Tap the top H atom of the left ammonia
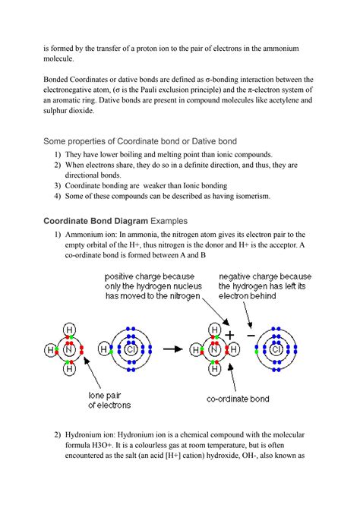tap(69, 330)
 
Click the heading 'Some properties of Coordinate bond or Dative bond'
tap(151, 141)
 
